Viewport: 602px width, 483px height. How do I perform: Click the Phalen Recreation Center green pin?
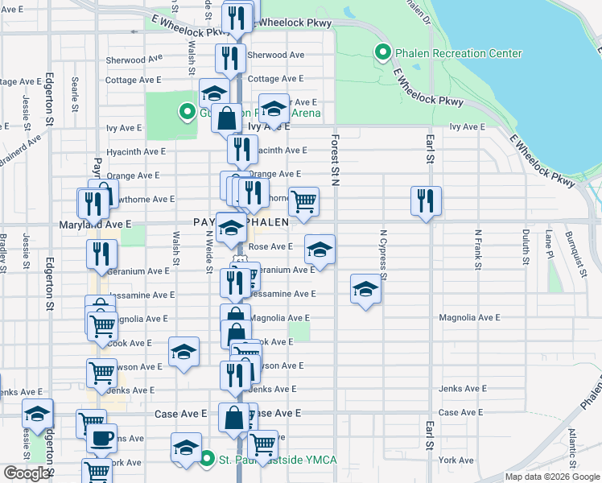383,54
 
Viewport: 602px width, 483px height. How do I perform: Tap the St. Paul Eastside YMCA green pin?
205,460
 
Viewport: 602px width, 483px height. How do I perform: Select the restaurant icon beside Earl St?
426,200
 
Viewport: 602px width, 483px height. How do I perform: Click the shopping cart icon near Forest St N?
303,202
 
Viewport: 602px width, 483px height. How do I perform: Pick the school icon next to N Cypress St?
365,289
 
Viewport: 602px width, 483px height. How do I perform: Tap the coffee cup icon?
101,438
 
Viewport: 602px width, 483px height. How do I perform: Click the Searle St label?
74,93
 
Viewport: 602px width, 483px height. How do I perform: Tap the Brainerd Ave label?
20,151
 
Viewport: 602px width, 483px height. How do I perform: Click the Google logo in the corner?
26,473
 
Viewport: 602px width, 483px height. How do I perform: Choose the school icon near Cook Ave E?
183,352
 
